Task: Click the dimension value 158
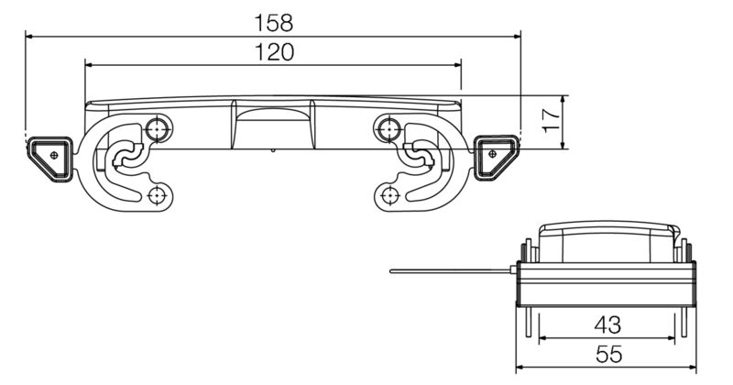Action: [273, 20]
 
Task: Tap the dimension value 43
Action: [607, 324]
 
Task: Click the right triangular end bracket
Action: [495, 157]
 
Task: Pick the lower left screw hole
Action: [159, 194]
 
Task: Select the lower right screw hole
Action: [389, 194]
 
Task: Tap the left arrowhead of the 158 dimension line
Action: [30, 36]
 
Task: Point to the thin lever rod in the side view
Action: [449, 270]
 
